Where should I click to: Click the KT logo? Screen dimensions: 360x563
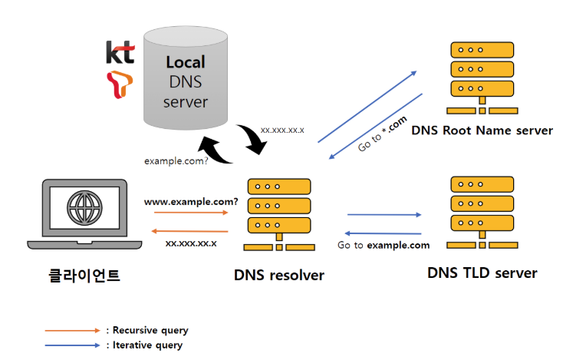click(x=120, y=53)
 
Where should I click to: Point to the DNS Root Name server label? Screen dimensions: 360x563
click(x=482, y=130)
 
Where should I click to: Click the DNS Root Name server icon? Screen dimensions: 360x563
click(x=480, y=72)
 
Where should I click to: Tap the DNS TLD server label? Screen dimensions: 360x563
click(x=482, y=272)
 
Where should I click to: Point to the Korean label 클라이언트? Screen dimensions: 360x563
click(x=80, y=275)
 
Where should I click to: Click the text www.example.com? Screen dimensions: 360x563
click(x=191, y=201)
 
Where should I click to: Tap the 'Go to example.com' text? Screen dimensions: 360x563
click(x=384, y=246)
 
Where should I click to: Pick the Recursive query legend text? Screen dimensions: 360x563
click(x=147, y=330)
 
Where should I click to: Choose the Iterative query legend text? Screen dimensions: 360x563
click(x=144, y=345)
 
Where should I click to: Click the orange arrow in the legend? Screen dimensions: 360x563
click(x=72, y=330)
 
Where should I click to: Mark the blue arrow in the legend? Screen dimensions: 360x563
click(x=72, y=345)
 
